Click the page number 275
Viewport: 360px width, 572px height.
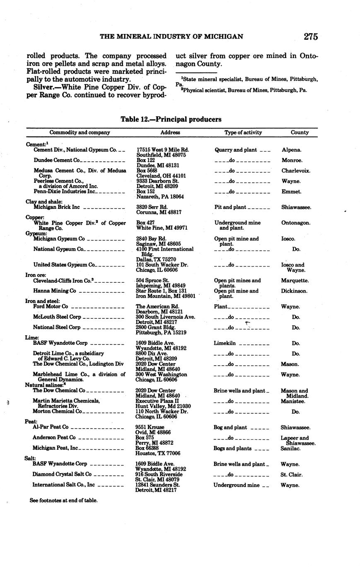pos(310,36)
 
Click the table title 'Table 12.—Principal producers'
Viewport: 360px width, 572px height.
pos(171,119)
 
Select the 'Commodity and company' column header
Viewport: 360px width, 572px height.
pos(80,133)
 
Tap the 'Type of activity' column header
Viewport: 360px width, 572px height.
pos(243,133)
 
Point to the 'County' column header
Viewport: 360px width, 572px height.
pos(300,133)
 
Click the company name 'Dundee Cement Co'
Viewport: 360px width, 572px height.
pos(56,160)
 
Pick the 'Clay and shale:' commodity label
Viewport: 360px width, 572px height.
pos(44,202)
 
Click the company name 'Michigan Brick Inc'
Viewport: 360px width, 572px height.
pos(56,207)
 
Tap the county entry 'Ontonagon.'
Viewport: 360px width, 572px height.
pos(295,223)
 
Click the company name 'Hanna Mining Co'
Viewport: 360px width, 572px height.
pos(54,291)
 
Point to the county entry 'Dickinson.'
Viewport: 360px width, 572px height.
pos(294,291)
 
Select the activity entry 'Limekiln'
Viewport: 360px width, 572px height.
pos(226,344)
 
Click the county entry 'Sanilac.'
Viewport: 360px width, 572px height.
pos(290,448)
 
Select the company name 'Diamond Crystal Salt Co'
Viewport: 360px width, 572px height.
pos(62,475)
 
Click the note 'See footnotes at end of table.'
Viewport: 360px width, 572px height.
pos(63,500)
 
